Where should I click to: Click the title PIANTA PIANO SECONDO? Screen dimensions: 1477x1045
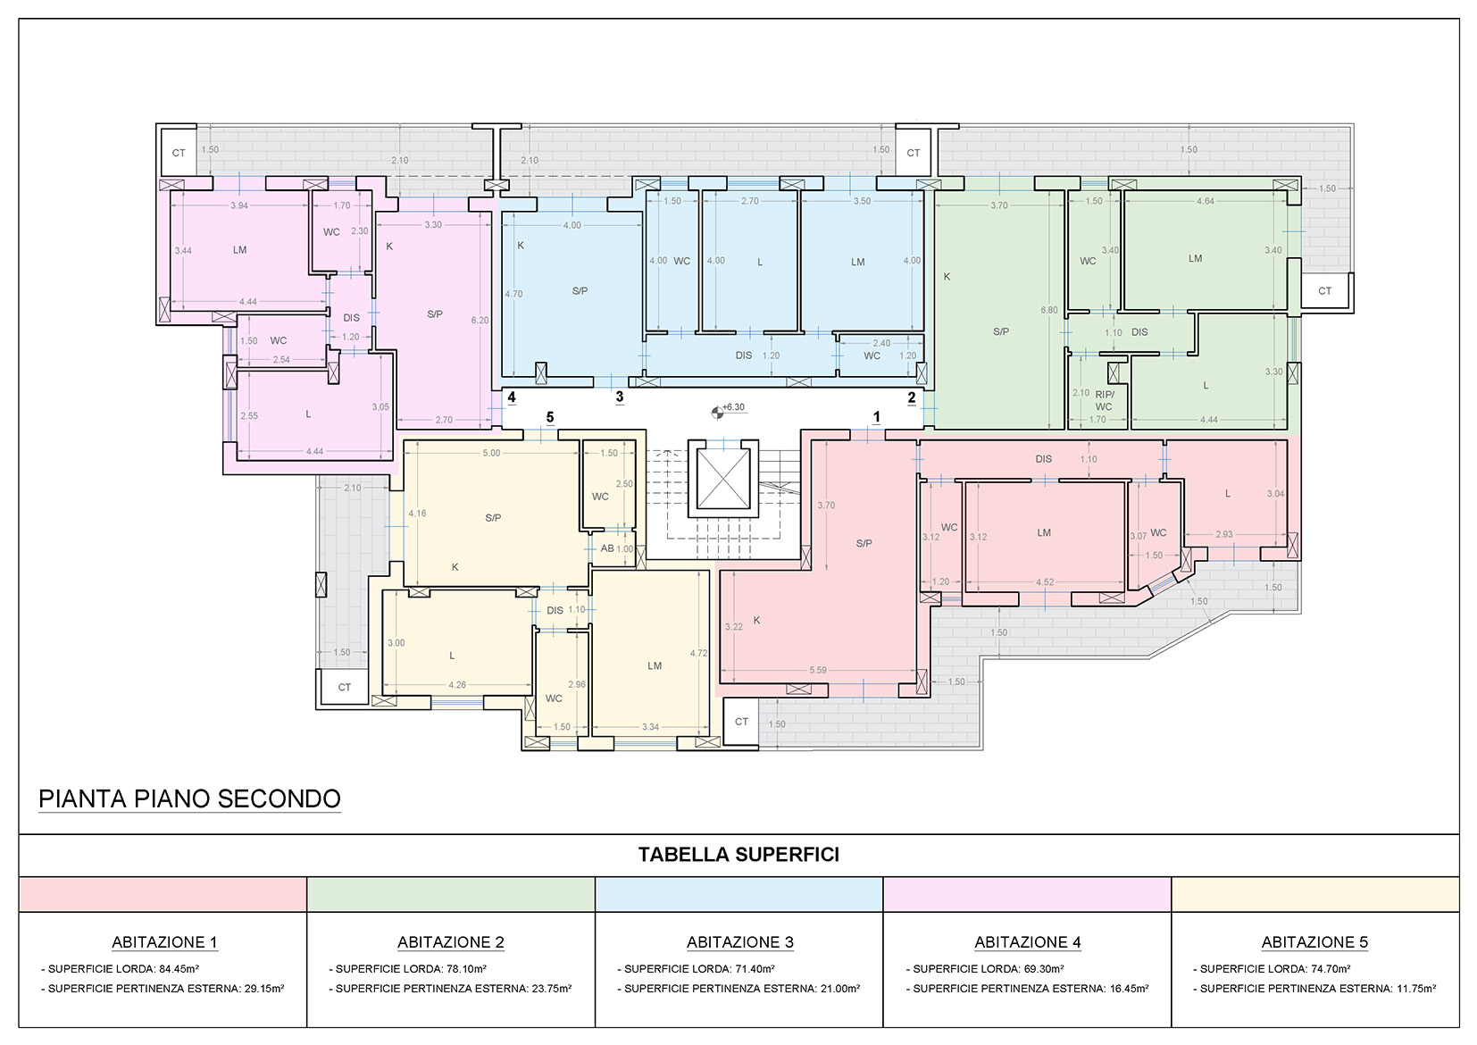pos(190,798)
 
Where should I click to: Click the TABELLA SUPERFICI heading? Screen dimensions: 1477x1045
pos(738,855)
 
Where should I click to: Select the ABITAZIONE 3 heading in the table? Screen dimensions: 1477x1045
pos(739,942)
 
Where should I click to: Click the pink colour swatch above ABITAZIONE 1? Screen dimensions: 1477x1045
pos(163,894)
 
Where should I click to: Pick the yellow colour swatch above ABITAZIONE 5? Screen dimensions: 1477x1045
pos(1314,894)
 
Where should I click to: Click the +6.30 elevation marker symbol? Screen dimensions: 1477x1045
pos(717,413)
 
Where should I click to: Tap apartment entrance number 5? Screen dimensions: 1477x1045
pos(550,417)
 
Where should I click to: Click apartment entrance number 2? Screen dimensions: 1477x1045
pos(912,397)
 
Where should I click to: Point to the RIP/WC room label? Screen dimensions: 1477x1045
pos(1104,400)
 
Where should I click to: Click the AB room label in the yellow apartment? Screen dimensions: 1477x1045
pos(607,548)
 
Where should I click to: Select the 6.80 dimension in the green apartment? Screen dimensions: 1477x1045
pos(1049,310)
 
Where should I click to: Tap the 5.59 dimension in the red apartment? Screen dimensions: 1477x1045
pos(818,670)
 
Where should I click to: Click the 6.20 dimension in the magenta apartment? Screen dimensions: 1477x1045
pos(480,321)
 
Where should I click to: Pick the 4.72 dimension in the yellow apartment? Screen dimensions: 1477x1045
pos(699,653)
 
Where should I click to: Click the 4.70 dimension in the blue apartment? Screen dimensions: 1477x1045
pos(513,294)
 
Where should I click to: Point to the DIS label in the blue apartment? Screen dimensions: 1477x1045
pos(744,355)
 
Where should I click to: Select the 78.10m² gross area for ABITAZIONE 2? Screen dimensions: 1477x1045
pos(466,969)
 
